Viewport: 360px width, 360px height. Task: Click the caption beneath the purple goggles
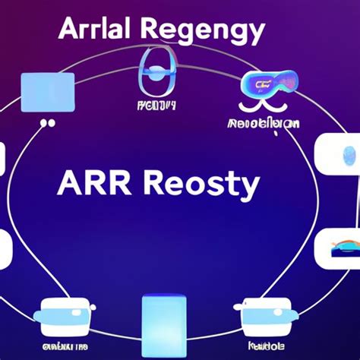(x=263, y=122)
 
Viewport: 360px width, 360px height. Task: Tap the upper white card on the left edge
(x=3, y=159)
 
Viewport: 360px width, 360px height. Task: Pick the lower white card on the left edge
(x=5, y=249)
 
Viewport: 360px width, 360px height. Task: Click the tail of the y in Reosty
(x=248, y=196)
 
